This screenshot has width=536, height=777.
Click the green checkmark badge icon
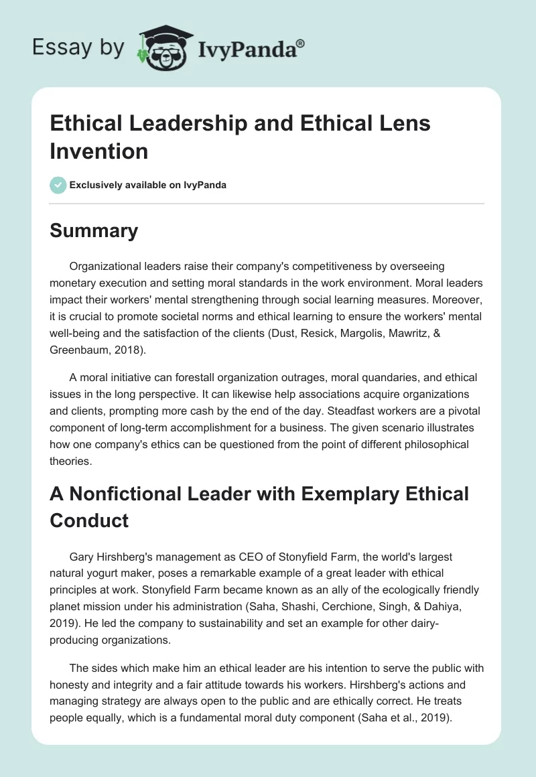click(x=58, y=185)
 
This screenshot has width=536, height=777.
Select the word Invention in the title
click(x=99, y=151)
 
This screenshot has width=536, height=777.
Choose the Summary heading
click(x=94, y=230)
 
